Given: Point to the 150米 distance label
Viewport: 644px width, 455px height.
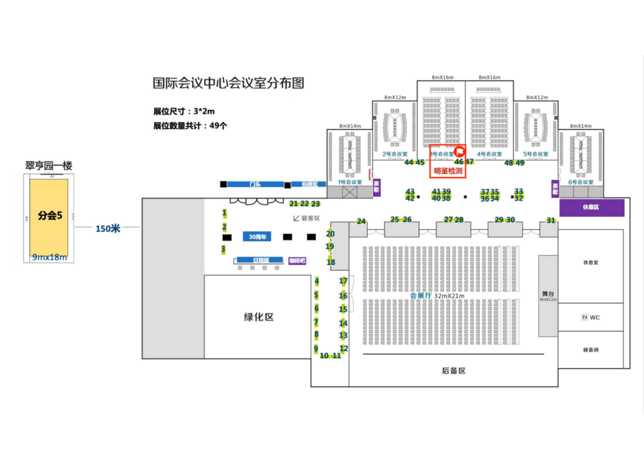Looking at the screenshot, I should click(x=109, y=228).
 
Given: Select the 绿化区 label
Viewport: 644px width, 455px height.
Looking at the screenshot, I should click(x=258, y=317).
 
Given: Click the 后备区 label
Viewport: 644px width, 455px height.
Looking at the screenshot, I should click(x=453, y=370).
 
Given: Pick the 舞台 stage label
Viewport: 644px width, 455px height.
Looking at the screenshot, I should click(x=549, y=294).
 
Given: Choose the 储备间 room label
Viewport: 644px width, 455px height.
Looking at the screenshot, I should click(x=591, y=350).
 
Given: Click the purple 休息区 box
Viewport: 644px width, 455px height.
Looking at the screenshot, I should click(x=591, y=207).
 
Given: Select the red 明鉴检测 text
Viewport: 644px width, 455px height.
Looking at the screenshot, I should click(x=448, y=171).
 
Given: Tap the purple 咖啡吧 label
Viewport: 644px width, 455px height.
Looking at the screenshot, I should click(x=297, y=260).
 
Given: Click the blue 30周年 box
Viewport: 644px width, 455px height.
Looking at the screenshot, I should click(x=257, y=237).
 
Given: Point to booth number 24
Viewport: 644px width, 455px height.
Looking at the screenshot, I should click(x=361, y=222).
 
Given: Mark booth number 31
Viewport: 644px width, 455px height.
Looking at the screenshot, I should click(x=551, y=221).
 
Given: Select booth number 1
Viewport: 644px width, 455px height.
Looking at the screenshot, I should click(x=225, y=213).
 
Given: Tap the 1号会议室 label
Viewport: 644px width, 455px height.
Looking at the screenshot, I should click(x=350, y=182).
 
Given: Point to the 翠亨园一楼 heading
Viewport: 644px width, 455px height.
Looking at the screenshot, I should click(x=49, y=166).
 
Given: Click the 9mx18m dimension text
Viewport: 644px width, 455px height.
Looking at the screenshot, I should click(x=49, y=257).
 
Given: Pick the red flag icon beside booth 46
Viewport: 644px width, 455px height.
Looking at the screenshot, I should click(x=460, y=151).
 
